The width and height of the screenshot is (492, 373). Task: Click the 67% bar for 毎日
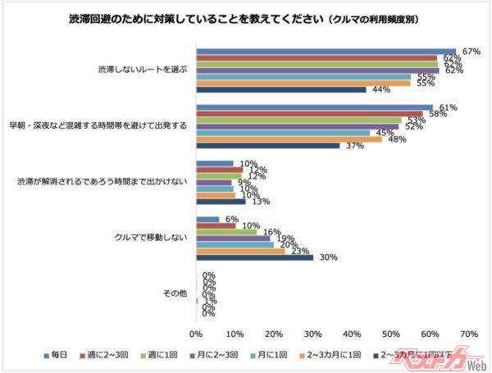coord(326,52)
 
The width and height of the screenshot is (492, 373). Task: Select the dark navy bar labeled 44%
coord(280,89)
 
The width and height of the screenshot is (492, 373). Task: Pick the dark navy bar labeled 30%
coord(254,257)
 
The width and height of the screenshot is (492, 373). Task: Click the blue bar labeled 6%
coord(207,219)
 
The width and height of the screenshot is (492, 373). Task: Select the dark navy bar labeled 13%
coord(221,201)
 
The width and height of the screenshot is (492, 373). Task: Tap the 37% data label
coord(353,146)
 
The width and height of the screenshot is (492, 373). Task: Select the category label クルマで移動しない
coord(150,238)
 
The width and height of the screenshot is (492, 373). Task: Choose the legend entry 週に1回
coord(168,356)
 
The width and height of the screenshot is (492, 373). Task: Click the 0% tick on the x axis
coord(196,334)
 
